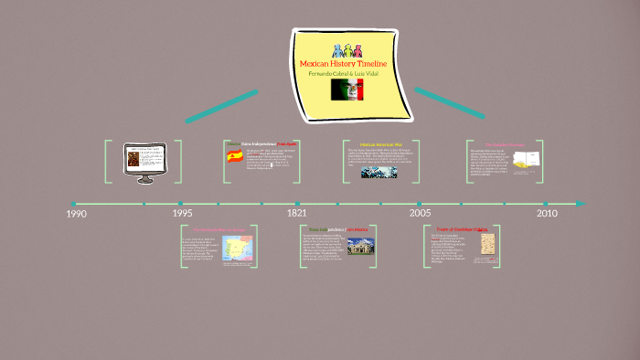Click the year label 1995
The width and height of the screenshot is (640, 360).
click(x=182, y=213)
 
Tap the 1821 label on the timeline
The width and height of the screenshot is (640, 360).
click(x=296, y=213)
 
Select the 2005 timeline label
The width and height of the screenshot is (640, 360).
click(x=420, y=213)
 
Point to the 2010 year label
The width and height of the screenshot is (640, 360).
click(x=547, y=213)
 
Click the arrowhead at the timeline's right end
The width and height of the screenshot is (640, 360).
click(x=581, y=203)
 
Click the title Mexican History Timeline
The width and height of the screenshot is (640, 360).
click(x=344, y=63)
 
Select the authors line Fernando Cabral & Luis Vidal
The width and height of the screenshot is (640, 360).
click(x=344, y=72)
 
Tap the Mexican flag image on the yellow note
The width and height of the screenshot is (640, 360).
click(x=347, y=89)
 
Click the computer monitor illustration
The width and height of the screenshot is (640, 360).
click(x=145, y=159)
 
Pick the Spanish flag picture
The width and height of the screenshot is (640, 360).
click(x=235, y=156)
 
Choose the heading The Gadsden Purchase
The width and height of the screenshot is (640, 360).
click(x=504, y=144)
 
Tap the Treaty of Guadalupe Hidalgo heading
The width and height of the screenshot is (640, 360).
click(x=463, y=229)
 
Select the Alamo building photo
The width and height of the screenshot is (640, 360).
click(x=360, y=247)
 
